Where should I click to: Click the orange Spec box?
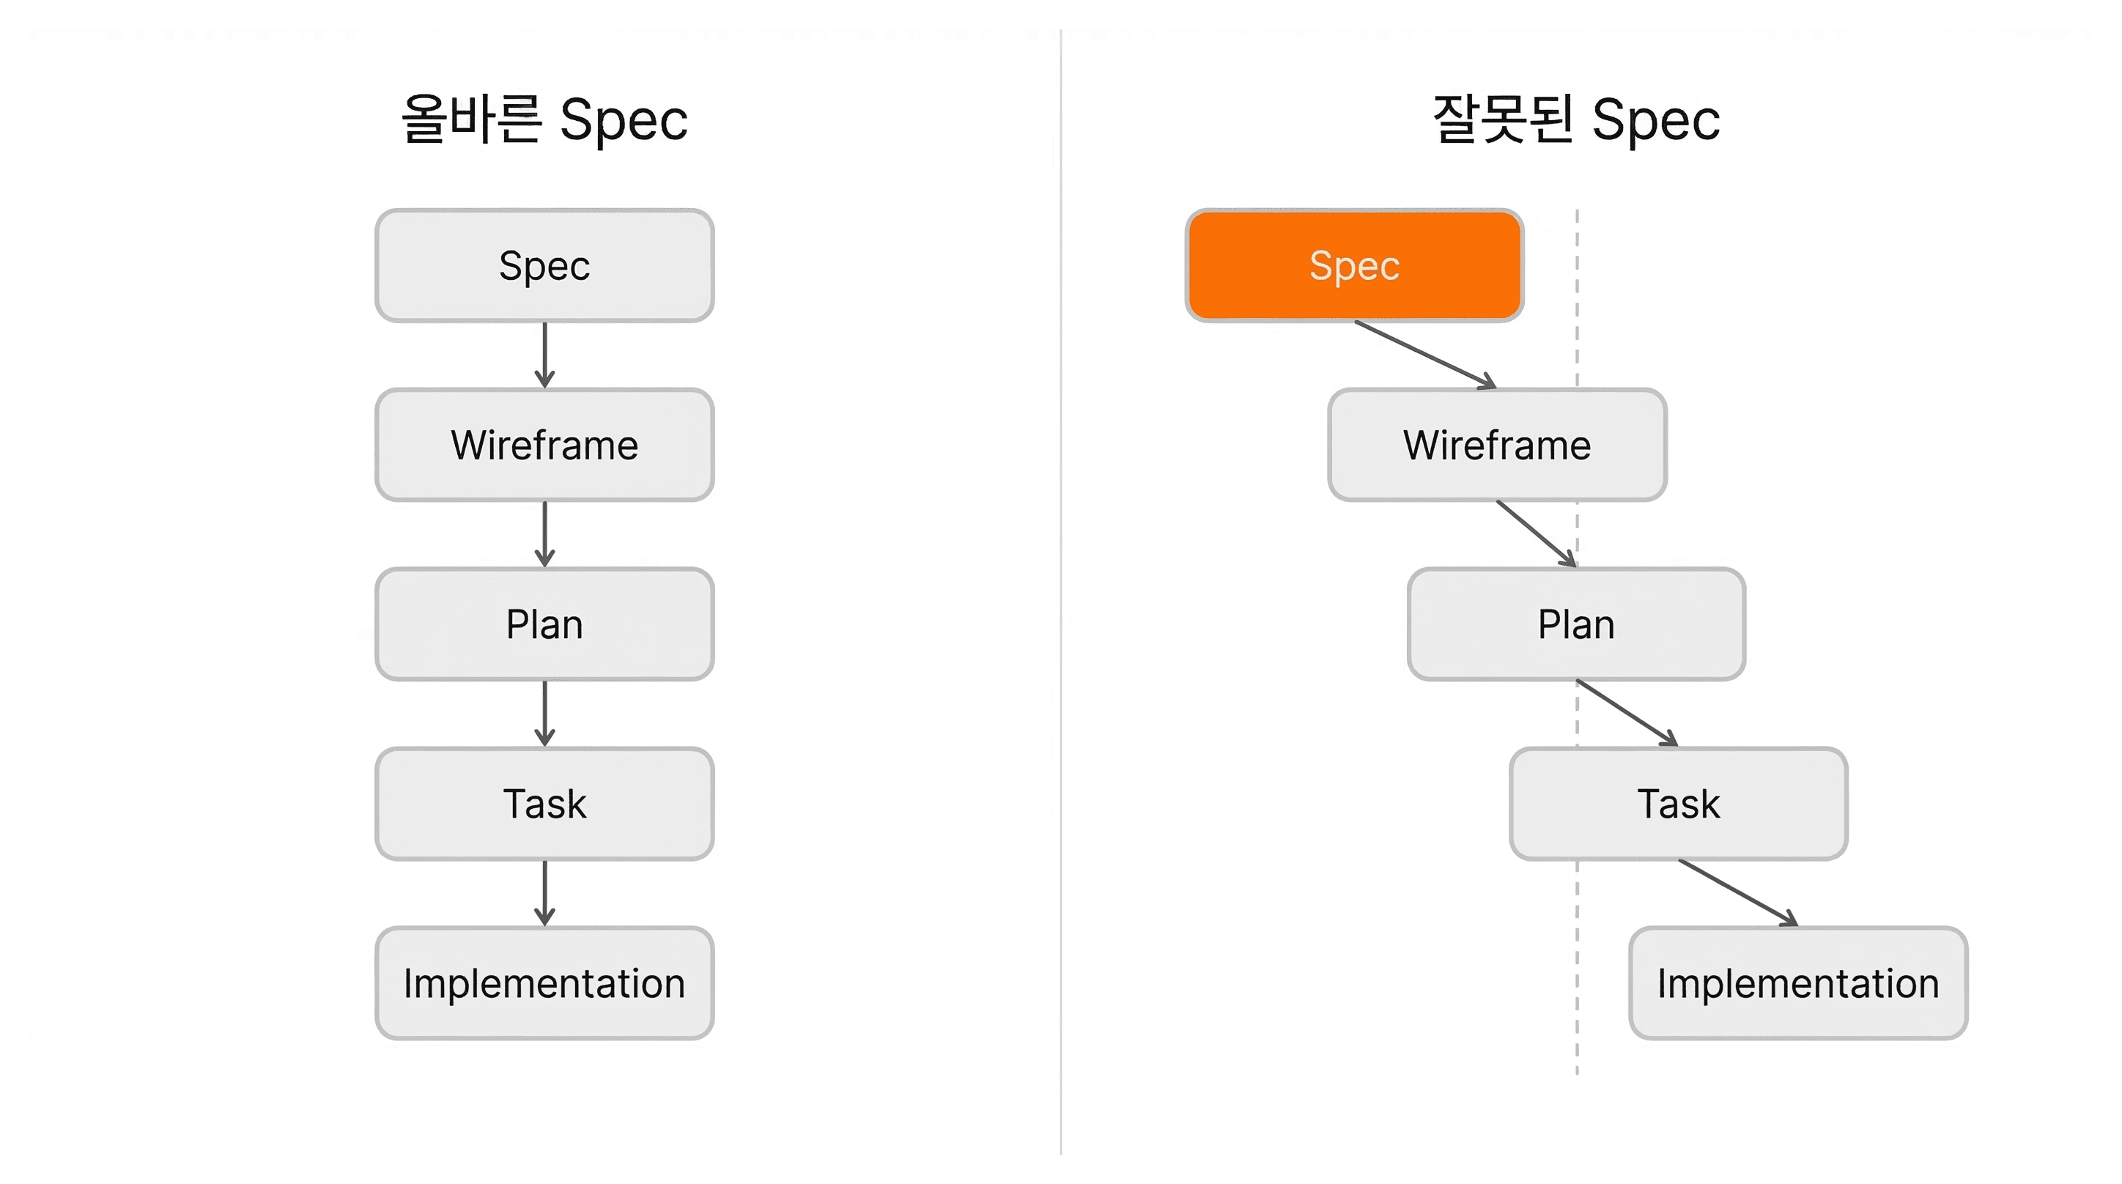[1354, 265]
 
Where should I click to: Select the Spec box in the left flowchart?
[544, 265]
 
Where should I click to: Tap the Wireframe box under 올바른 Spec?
[544, 445]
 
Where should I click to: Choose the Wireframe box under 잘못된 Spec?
[1498, 445]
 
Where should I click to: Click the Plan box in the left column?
[544, 624]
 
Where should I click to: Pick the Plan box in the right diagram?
[1577, 624]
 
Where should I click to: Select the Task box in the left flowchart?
[544, 803]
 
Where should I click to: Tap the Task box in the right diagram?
[1679, 803]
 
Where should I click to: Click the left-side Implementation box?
[544, 983]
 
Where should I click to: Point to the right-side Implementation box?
[1798, 983]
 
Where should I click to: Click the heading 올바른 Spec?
[544, 119]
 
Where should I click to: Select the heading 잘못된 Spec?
[1577, 119]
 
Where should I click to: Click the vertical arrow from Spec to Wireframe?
[544, 355]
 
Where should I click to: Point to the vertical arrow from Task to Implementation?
[544, 893]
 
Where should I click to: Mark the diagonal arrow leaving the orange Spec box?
[1426, 355]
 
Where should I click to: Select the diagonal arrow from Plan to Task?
[1627, 714]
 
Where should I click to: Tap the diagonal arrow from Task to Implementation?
[1738, 893]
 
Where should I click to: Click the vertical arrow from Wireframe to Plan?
[544, 534]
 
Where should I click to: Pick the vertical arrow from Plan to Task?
[544, 714]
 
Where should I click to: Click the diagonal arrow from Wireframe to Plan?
[1537, 534]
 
